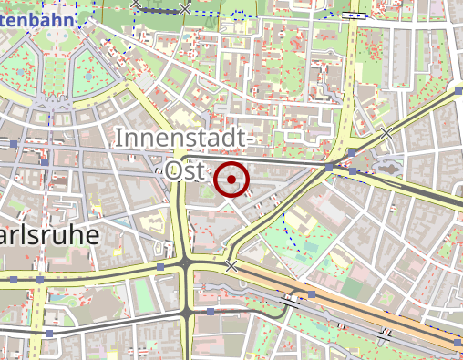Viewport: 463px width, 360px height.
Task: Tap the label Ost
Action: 185,170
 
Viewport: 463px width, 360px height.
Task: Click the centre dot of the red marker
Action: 231,180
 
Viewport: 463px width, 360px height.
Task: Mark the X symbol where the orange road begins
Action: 231,266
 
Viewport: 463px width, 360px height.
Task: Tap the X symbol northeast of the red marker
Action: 386,133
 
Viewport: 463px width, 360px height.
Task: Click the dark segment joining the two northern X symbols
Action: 161,9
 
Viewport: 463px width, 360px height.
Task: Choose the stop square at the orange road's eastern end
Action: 456,342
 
